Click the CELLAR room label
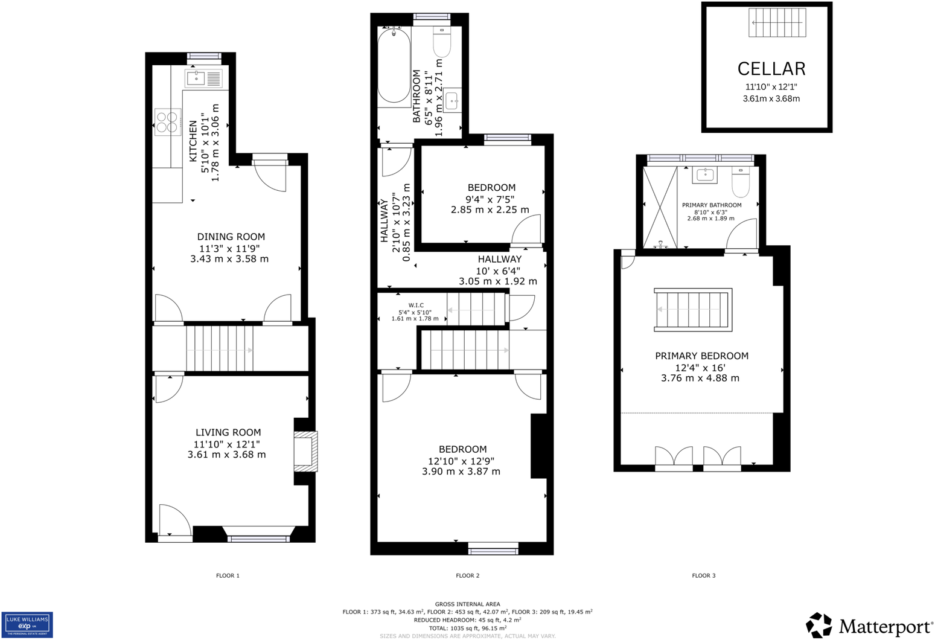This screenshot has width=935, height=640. tap(771, 69)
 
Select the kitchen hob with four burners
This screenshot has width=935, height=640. tap(167, 122)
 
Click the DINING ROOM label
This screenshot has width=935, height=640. tap(231, 237)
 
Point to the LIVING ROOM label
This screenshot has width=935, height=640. tap(228, 432)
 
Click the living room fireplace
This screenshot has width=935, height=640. tap(305, 451)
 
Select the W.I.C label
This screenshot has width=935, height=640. tap(416, 306)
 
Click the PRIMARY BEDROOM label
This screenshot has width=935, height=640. tap(701, 356)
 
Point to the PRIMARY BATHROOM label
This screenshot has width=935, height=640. tap(712, 205)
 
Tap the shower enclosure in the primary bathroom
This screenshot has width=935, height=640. tap(660, 207)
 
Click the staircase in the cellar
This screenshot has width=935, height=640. tap(777, 23)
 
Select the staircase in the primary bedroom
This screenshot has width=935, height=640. tap(693, 310)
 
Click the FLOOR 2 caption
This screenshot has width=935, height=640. tap(467, 576)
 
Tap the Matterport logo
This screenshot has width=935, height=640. tap(869, 626)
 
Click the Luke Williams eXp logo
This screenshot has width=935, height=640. tap(27, 625)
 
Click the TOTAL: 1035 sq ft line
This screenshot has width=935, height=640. tap(467, 629)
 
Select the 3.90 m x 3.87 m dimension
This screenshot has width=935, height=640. tap(461, 472)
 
